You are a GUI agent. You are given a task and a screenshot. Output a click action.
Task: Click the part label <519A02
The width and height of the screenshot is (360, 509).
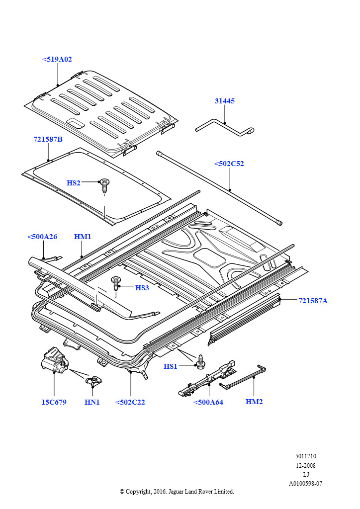click(57, 59)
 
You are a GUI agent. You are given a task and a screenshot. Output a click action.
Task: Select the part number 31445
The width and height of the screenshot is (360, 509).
click(225, 101)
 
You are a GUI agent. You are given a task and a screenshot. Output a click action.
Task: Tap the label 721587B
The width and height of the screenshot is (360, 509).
click(48, 140)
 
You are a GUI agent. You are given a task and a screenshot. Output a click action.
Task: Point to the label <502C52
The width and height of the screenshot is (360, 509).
click(229, 164)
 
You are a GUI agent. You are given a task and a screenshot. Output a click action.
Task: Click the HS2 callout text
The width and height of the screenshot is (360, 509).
click(74, 183)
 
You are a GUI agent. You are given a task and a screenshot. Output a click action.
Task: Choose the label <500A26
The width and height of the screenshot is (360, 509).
click(42, 237)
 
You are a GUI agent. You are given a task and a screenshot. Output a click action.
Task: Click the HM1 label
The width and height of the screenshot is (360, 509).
click(83, 237)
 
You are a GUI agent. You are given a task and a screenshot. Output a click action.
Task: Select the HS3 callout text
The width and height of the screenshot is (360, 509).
click(142, 288)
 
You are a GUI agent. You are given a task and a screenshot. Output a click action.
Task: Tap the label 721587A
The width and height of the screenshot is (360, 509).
click(313, 300)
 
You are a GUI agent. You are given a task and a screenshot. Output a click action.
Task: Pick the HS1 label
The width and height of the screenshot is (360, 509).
click(171, 366)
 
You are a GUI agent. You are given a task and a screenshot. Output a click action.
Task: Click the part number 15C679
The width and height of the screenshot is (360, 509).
click(54, 402)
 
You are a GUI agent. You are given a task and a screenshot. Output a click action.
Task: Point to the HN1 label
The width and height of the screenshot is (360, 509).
click(92, 402)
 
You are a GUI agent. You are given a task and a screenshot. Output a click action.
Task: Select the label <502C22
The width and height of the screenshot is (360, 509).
click(130, 402)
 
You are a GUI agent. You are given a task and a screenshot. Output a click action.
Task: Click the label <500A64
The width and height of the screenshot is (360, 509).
click(208, 402)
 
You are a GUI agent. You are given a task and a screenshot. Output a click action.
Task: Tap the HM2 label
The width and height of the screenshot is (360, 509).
click(254, 401)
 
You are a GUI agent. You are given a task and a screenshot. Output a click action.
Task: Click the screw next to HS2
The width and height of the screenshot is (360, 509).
click(105, 185)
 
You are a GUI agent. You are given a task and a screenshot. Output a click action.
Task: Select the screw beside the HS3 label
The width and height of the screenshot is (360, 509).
click(117, 283)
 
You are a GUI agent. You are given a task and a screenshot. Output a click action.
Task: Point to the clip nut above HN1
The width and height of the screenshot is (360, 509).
click(93, 382)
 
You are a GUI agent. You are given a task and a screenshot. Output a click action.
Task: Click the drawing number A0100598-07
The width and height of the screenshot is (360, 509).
click(306, 483)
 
